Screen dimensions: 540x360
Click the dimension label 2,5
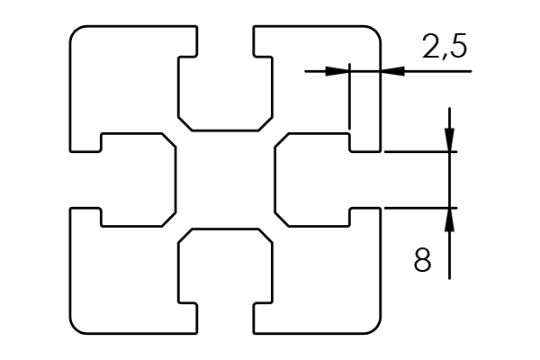[445, 46]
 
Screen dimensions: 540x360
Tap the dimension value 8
[422, 259]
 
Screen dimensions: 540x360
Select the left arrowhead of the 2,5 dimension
[337, 71]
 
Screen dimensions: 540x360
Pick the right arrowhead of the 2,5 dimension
[392, 71]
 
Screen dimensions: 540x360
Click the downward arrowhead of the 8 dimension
[449, 139]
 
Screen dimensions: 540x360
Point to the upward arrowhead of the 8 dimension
[449, 220]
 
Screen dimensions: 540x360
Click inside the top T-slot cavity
[225, 90]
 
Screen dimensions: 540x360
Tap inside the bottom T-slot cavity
[225, 269]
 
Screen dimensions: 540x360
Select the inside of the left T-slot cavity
[134, 180]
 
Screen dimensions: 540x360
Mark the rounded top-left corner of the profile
[75, 31]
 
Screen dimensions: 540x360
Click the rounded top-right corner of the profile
[376, 31]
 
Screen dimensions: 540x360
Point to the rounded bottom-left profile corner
[75, 329]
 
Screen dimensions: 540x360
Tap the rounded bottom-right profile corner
[376, 329]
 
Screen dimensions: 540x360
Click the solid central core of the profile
[225, 180]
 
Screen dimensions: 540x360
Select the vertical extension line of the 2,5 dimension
[349, 96]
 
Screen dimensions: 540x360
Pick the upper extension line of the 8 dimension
[421, 151]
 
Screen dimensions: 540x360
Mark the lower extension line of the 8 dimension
[421, 208]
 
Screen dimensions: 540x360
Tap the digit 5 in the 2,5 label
[458, 45]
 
